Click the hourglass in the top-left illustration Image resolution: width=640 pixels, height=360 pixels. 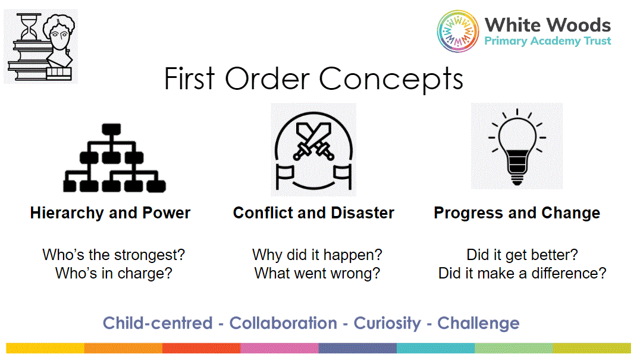pos(29,27)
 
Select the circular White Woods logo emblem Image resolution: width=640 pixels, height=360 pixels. pos(457,32)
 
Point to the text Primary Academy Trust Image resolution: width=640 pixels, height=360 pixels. pos(547,41)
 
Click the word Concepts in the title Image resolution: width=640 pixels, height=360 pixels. pos(391,79)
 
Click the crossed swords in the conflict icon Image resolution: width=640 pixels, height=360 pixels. pos(314,141)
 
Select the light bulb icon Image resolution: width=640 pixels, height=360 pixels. pos(517,146)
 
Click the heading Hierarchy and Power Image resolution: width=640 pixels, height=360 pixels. pos(110,213)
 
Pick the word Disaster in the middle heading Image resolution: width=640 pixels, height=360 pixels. pos(362,213)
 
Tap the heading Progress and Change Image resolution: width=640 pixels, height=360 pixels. pos(517,213)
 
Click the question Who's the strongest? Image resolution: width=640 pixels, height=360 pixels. pos(114,255)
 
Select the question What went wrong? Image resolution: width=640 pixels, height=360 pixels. pos(317,273)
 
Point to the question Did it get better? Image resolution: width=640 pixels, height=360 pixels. pos(522,255)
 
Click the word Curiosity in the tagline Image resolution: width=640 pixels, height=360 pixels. pos(387,323)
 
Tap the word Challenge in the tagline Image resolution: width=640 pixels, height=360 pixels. pos(478,323)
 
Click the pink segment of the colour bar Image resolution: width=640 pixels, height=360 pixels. pos(280,348)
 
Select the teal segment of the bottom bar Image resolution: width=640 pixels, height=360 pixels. pos(435,348)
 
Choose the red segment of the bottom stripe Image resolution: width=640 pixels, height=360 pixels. pos(201,348)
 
